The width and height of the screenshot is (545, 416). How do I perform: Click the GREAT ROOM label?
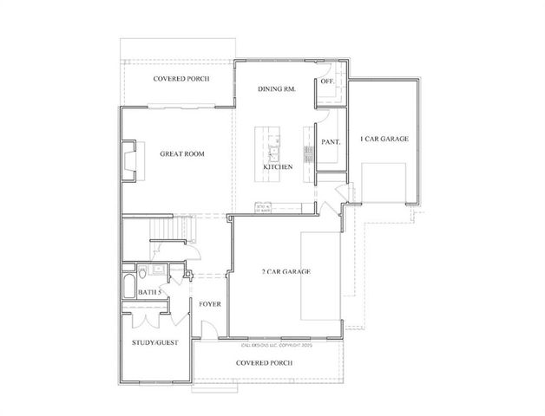tap(181, 154)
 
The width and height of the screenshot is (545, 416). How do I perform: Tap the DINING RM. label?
tap(279, 89)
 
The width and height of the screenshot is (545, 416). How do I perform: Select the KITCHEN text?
tap(278, 166)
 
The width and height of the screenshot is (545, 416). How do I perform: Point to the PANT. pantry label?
tap(330, 140)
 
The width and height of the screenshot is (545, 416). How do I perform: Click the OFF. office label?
tap(327, 81)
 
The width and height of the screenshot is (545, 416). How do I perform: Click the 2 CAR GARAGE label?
tap(286, 272)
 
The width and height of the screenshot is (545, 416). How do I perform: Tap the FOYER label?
tap(209, 304)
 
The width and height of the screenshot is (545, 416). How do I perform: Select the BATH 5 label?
tap(150, 293)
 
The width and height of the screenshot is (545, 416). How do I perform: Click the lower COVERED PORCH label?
tap(264, 361)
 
